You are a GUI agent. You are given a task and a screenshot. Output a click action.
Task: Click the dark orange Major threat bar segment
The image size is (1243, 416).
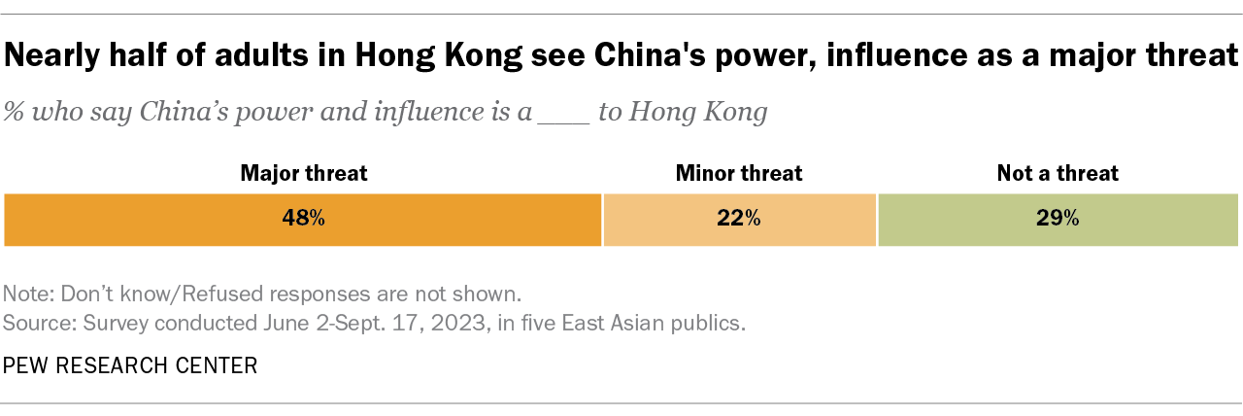194,220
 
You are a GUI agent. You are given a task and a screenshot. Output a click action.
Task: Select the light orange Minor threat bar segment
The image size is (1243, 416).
680,220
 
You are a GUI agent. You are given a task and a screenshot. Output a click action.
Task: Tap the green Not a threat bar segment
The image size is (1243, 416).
1146,220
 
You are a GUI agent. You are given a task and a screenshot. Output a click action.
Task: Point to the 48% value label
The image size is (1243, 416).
304,220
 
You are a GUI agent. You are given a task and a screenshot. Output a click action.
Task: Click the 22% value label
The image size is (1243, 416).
739,220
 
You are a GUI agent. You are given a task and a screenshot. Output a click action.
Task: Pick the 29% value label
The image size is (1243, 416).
1058,220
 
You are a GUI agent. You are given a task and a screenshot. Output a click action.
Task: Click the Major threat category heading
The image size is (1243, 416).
304,174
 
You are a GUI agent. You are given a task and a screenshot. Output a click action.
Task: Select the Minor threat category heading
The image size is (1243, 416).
739,174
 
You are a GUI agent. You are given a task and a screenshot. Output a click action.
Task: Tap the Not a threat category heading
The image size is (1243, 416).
1058,174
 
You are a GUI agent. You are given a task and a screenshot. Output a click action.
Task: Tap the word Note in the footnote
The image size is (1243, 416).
25,293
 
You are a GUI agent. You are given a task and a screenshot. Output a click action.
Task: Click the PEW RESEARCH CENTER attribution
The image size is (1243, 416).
130,365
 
